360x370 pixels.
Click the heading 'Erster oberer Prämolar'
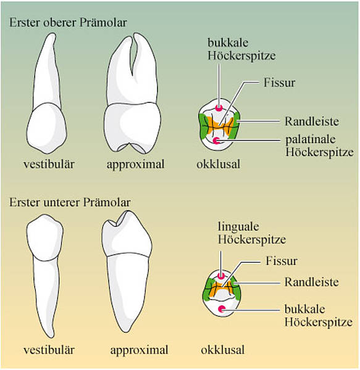point(68,23)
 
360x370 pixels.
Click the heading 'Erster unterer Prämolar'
point(70,202)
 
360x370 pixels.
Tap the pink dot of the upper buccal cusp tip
point(219,109)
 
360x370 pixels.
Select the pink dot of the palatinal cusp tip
point(216,141)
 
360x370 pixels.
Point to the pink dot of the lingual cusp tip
point(221,276)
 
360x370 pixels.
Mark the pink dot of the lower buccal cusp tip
point(222,309)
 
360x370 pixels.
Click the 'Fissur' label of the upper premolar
point(280,83)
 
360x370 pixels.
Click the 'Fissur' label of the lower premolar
point(282,261)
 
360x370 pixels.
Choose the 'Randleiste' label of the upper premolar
point(312,121)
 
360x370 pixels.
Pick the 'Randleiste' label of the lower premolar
point(312,282)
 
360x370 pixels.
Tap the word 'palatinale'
point(311,139)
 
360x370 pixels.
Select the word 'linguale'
point(238,227)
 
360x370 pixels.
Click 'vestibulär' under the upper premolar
point(49,164)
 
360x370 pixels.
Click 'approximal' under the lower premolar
point(139,350)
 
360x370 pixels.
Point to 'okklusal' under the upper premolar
point(219,164)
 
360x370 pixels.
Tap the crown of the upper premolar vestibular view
point(47,128)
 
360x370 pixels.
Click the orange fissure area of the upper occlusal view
point(219,127)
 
